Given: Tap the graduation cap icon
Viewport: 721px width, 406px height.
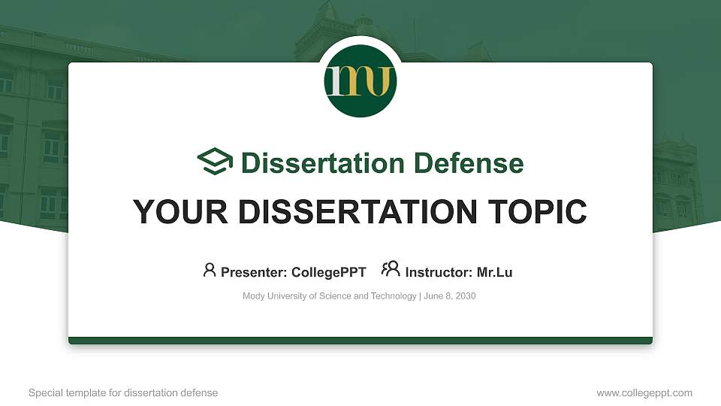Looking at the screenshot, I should [216, 162].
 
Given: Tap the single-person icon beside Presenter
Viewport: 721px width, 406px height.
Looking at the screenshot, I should [210, 270].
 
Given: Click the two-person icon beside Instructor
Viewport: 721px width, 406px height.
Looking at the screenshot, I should [391, 269].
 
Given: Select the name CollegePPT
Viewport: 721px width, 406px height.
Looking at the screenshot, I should [328, 272].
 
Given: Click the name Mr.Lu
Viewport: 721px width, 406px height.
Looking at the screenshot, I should [494, 272].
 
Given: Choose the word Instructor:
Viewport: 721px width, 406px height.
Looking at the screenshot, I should [439, 272].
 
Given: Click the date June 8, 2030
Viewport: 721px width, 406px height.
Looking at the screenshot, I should [450, 296].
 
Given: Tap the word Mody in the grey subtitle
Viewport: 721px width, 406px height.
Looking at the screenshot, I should [253, 296].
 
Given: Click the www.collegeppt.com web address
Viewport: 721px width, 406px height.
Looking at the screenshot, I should [644, 392].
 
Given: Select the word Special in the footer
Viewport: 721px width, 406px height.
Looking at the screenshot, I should [44, 392].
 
